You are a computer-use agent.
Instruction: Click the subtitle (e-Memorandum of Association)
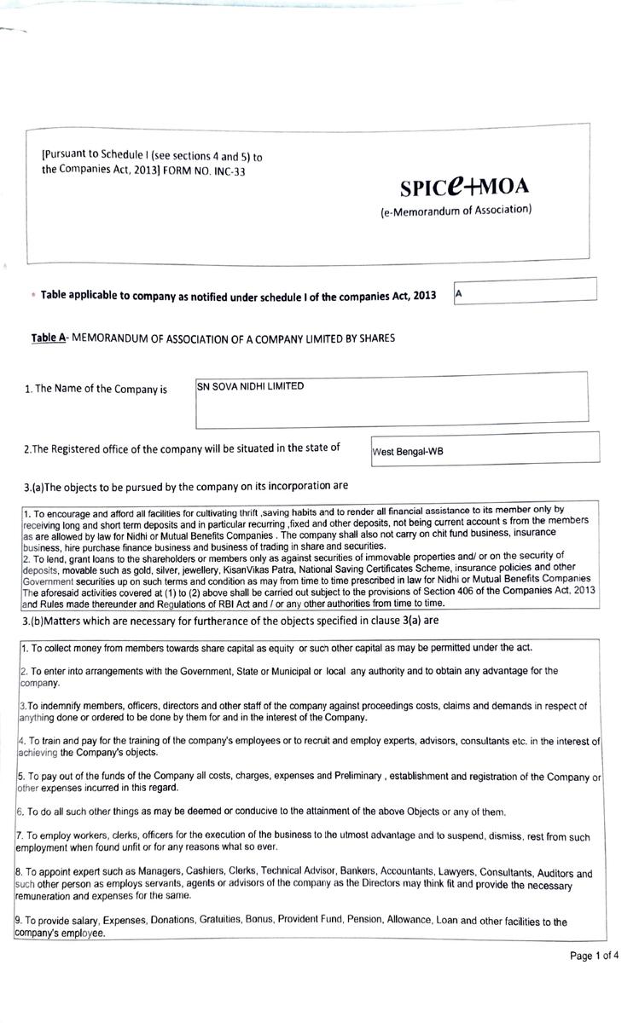tap(456, 210)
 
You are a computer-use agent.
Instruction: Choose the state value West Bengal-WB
tap(408, 451)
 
